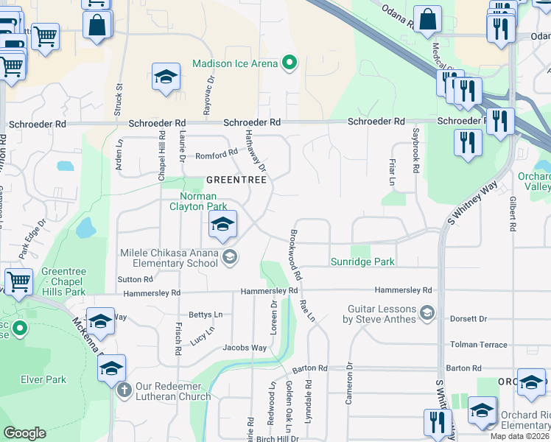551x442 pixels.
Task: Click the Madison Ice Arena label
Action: (x=235, y=63)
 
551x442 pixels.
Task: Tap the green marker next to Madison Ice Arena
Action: (x=289, y=63)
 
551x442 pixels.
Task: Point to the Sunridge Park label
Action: (x=362, y=262)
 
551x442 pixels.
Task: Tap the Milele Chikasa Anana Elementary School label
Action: (x=169, y=258)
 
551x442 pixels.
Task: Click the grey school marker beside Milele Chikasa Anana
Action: (x=230, y=256)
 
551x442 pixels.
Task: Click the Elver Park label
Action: (x=43, y=380)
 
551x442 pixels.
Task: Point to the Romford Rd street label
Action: (x=217, y=155)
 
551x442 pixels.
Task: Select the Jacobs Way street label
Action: (x=245, y=347)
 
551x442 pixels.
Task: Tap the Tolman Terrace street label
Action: (x=478, y=345)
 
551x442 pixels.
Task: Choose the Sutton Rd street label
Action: (x=135, y=280)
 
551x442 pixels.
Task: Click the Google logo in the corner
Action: (x=24, y=433)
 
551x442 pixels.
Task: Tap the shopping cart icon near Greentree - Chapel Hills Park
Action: (x=18, y=281)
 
